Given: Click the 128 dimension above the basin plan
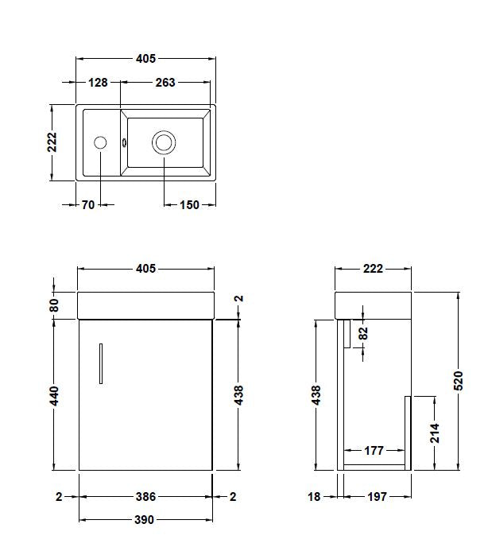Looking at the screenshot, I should [x=99, y=83].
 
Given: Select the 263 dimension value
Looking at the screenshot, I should [x=165, y=83].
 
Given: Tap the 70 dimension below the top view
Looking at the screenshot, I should [x=87, y=205].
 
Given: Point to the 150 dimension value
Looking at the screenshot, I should [x=189, y=205].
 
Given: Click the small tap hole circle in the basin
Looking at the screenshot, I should [x=100, y=143].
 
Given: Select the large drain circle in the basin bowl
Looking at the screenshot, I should [x=164, y=143].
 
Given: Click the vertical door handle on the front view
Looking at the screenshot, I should [x=101, y=364].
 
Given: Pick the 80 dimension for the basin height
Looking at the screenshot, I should [x=55, y=304].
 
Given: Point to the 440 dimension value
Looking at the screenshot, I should [x=55, y=394].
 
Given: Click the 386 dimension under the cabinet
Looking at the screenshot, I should [x=145, y=497].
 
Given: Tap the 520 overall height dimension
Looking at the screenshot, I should [x=458, y=382].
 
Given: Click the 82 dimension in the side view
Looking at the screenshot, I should [x=364, y=333].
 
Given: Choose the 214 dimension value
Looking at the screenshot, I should [x=435, y=433].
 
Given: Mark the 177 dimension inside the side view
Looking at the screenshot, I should [x=374, y=451].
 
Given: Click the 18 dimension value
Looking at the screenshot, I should [x=314, y=497].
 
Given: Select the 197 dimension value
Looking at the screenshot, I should [x=378, y=497].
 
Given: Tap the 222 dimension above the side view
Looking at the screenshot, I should [x=373, y=269].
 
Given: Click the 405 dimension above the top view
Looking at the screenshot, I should [x=145, y=59].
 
